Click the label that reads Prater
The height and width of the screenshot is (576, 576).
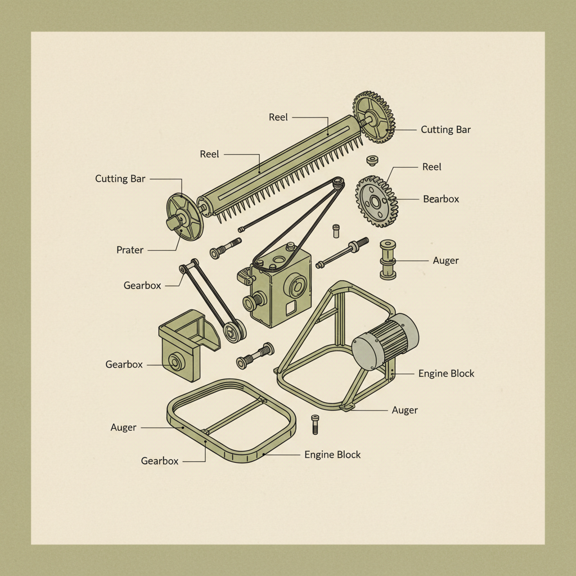pyautogui.click(x=130, y=250)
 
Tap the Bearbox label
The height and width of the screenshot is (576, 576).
pyautogui.click(x=441, y=199)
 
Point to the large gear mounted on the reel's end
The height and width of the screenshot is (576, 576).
pyautogui.click(x=374, y=116)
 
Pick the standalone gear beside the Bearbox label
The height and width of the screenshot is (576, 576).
pyautogui.click(x=376, y=201)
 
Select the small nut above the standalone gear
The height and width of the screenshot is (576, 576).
pyautogui.click(x=371, y=161)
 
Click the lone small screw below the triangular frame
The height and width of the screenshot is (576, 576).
pyautogui.click(x=314, y=424)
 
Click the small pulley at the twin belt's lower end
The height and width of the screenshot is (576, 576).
pyautogui.click(x=233, y=330)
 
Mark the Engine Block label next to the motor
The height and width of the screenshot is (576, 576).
pyautogui.click(x=446, y=373)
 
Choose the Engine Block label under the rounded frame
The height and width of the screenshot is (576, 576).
pyautogui.click(x=332, y=454)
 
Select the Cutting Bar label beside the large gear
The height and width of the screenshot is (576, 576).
pyautogui.click(x=445, y=129)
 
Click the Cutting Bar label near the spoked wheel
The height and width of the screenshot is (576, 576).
pyautogui.click(x=120, y=179)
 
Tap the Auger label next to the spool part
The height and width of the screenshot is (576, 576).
pyautogui.click(x=445, y=260)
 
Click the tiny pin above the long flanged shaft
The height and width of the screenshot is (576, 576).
pyautogui.click(x=336, y=230)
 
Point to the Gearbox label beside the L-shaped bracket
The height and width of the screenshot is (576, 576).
pyautogui.click(x=124, y=364)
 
